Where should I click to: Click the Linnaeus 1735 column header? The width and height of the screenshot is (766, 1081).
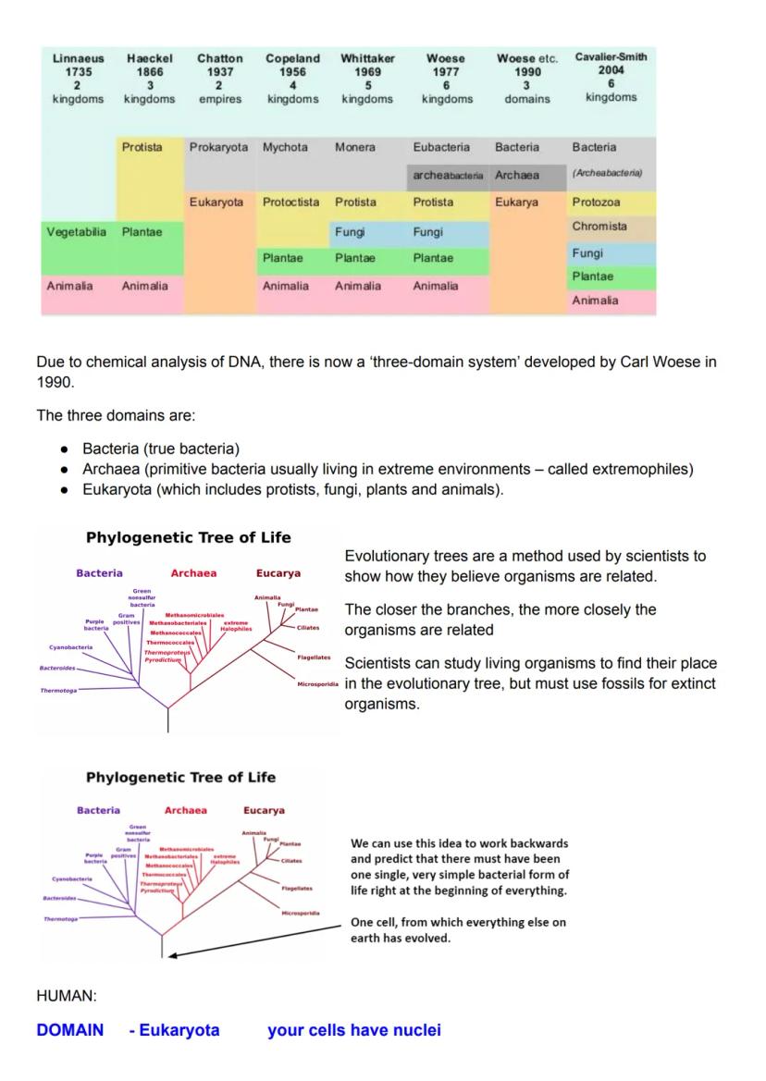click(x=79, y=78)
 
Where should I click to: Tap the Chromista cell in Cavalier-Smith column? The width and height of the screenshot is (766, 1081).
click(x=599, y=227)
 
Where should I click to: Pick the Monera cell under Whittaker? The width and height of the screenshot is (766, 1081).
click(x=355, y=147)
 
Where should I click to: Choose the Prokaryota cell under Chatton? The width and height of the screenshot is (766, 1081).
click(x=218, y=147)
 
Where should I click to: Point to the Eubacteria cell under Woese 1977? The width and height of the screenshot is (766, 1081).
click(x=441, y=147)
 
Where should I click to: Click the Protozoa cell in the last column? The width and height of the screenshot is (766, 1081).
click(x=596, y=203)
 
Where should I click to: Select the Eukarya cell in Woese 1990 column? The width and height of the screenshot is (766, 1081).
click(x=516, y=203)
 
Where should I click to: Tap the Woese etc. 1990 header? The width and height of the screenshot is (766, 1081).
click(x=527, y=78)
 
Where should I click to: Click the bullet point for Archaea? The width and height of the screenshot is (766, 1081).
click(x=65, y=470)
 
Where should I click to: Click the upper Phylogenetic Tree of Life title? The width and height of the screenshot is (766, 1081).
click(x=188, y=537)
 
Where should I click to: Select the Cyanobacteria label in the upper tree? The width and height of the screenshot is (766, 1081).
click(x=71, y=647)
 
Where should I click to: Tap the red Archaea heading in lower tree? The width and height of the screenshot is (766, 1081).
click(x=185, y=810)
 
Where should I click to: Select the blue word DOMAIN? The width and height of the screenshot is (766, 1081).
click(x=70, y=1030)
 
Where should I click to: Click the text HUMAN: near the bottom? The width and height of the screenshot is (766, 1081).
click(x=67, y=996)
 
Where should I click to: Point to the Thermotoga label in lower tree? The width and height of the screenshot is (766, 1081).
click(x=60, y=919)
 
